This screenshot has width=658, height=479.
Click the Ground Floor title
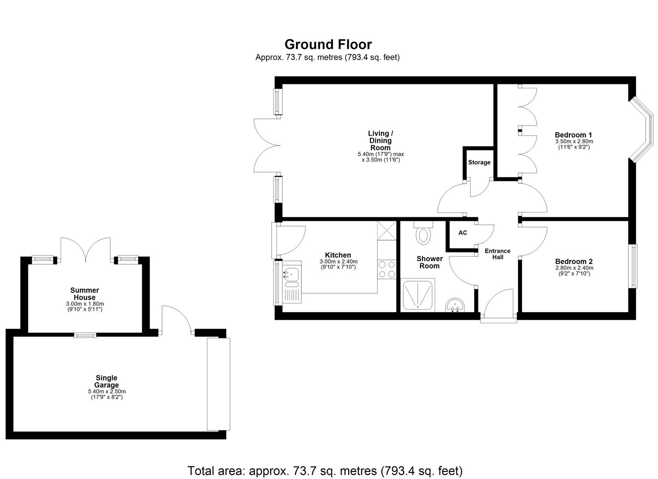click(x=328, y=44)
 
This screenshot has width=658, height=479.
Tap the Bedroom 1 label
click(x=573, y=135)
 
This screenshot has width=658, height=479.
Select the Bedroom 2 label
click(x=573, y=262)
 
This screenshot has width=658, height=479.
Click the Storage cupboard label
click(x=479, y=162)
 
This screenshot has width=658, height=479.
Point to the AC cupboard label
click(x=463, y=233)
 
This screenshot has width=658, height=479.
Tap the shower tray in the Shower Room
click(x=417, y=295)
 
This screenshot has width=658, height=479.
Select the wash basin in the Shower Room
click(x=455, y=305)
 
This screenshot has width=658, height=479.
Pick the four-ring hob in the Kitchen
click(x=386, y=269)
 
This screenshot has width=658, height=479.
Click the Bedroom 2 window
click(x=634, y=266)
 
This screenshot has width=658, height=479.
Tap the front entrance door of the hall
click(x=499, y=306)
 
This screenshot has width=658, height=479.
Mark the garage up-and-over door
click(x=218, y=384)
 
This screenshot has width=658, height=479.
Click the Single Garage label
click(x=107, y=381)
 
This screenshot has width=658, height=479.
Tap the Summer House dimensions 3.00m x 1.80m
click(x=85, y=304)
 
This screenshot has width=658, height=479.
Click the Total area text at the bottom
click(x=325, y=471)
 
